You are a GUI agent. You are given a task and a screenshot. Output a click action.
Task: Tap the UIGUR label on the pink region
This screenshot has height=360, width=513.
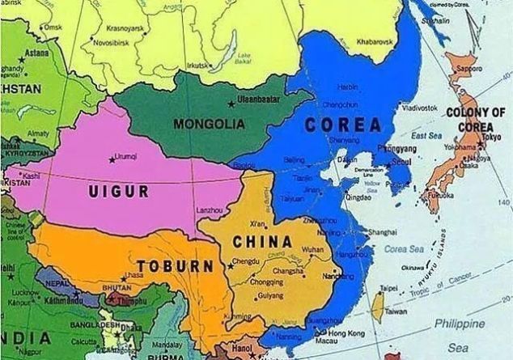click(119, 191)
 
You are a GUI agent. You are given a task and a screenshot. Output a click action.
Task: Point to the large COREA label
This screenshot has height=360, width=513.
click(343, 125)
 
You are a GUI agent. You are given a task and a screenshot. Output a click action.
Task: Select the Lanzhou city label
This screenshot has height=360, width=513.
click(210, 210)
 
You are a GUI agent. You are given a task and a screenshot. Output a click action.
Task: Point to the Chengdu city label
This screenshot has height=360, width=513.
click(246, 261)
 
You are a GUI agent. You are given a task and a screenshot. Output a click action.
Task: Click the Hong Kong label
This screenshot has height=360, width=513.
click(344, 332)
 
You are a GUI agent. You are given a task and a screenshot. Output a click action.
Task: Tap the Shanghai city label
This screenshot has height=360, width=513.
click(382, 231)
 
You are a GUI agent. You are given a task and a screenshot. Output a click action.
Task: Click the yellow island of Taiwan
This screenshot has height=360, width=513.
click(376, 304)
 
